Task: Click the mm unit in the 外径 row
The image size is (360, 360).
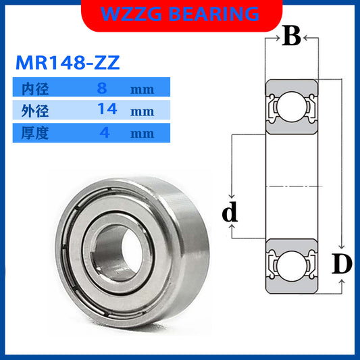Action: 143,110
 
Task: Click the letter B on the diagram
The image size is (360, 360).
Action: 291,37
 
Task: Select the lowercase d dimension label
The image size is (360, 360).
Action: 231,214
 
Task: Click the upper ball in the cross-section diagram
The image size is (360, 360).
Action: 291,107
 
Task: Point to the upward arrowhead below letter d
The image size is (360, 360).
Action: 232,230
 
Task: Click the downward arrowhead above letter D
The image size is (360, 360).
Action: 342,247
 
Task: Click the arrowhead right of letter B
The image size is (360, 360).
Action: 307,38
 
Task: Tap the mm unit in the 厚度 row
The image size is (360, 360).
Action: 143,133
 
